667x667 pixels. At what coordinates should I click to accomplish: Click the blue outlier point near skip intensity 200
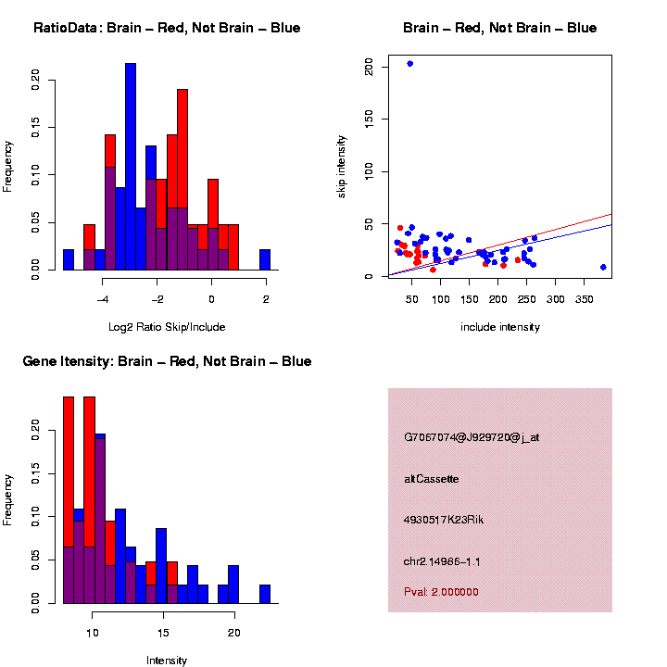(x=410, y=64)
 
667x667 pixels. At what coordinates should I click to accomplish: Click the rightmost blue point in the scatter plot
(x=603, y=267)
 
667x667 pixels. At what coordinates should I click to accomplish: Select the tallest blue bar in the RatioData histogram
(x=131, y=167)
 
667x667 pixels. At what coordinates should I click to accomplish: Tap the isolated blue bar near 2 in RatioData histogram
(x=265, y=259)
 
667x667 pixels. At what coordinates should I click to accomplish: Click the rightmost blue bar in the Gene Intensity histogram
(x=265, y=594)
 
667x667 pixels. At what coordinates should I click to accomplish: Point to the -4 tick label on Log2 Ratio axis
(x=102, y=299)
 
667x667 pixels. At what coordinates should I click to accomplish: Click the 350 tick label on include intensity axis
(x=584, y=299)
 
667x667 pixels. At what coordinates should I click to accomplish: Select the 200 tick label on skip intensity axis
(x=369, y=67)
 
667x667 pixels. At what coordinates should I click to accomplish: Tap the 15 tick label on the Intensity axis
(x=163, y=633)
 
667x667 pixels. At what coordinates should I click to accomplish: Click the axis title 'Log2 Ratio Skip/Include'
(x=167, y=327)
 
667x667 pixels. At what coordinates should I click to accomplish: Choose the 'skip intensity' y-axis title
(x=341, y=167)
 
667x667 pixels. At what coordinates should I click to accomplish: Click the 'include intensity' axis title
(x=500, y=327)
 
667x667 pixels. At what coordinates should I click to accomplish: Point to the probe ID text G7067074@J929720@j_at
(x=472, y=437)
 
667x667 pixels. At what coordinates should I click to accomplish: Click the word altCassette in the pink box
(x=432, y=479)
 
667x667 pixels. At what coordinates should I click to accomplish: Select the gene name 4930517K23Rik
(x=444, y=520)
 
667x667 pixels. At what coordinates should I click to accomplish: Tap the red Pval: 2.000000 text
(x=441, y=592)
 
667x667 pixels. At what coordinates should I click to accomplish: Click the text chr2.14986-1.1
(x=442, y=562)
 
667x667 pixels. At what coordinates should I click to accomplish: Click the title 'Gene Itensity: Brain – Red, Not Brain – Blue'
(x=167, y=361)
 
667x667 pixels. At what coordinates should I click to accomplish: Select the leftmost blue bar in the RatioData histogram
(x=69, y=259)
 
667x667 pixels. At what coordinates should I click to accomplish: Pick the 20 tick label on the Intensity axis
(x=234, y=633)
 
